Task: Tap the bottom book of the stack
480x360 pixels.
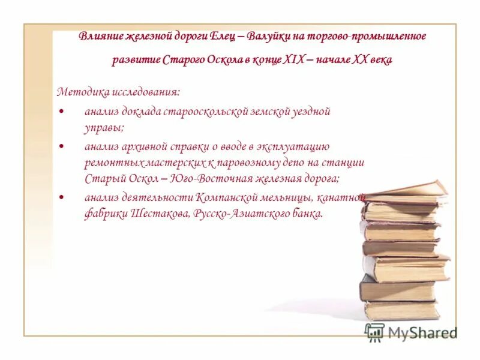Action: (x=401, y=310)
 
